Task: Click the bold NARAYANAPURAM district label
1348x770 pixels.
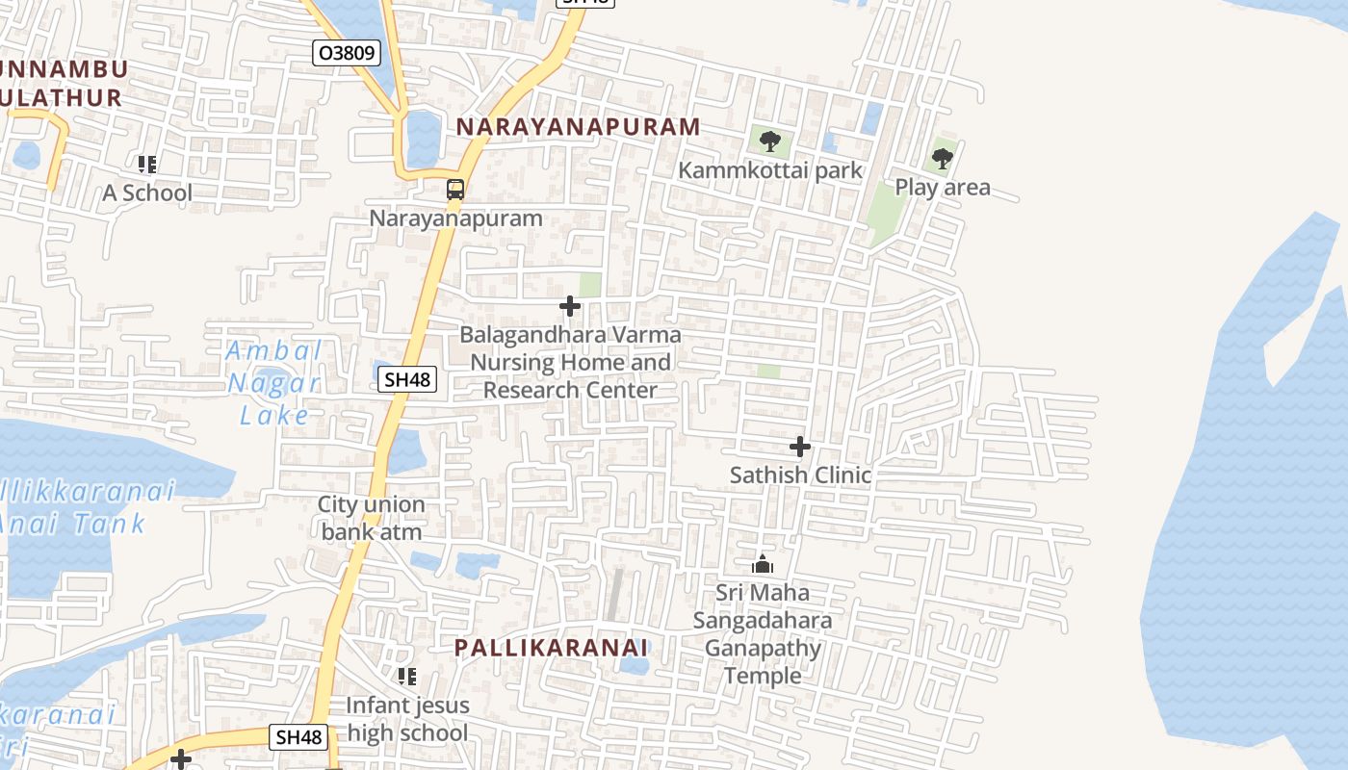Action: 578,127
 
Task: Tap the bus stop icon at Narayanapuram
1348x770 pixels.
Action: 455,190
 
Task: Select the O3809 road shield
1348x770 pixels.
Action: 347,53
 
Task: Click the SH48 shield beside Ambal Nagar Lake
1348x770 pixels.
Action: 407,379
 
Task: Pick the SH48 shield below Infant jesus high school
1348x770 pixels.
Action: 299,737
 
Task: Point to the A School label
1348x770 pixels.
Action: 147,192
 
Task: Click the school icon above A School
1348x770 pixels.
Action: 146,165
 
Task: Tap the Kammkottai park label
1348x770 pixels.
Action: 770,170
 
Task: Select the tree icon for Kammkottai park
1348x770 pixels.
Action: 769,142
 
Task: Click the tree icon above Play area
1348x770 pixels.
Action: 943,159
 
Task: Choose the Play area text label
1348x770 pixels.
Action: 943,187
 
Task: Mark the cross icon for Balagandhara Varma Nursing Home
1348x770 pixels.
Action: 570,307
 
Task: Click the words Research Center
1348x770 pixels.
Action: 570,390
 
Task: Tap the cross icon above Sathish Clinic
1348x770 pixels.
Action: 800,447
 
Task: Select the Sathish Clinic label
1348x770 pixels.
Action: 800,475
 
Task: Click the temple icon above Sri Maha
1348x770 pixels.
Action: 763,564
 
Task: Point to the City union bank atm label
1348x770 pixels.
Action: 372,518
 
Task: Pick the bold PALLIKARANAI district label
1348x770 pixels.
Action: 551,648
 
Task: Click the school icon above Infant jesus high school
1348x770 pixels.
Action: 407,677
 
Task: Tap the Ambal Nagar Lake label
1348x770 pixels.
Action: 274,383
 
